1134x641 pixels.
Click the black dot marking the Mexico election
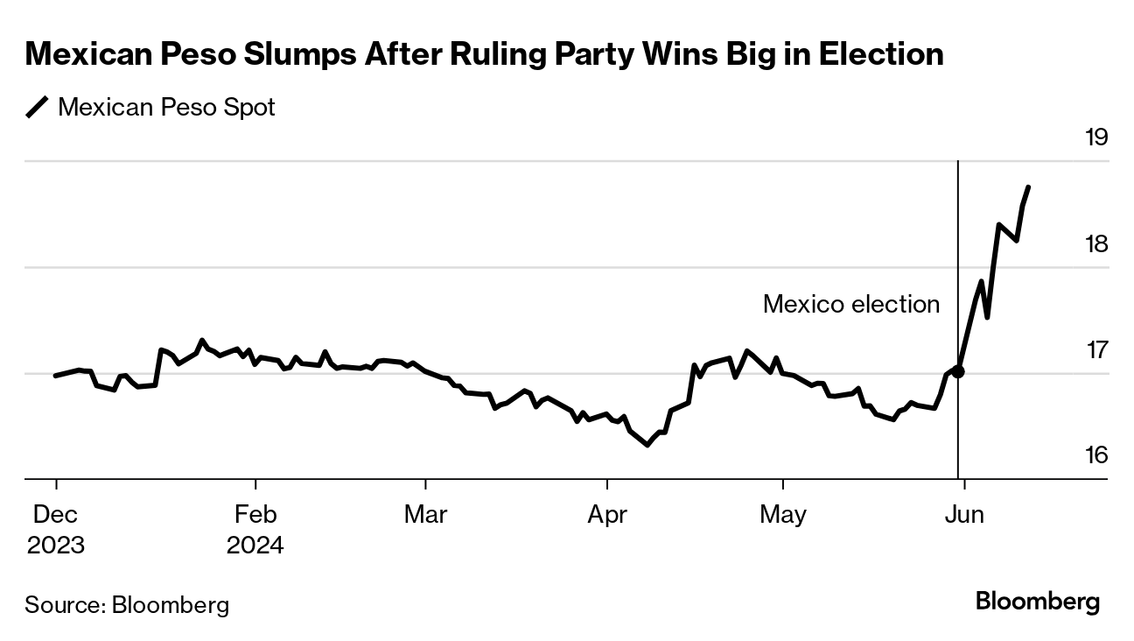pos(958,371)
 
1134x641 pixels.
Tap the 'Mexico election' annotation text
pos(851,304)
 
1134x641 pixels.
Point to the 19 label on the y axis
pos(1095,137)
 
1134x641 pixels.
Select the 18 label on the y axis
pos(1095,243)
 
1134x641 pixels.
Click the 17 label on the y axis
pos(1095,349)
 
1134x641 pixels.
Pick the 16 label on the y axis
pos(1095,455)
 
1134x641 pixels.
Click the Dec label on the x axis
pos(56,514)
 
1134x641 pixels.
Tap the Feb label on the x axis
pos(255,514)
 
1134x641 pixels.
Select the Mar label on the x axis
pos(425,514)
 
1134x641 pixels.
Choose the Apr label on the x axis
pos(607,514)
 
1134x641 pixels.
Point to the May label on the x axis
pos(782,514)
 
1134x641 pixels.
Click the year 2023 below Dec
pos(56,545)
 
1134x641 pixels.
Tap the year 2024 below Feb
pos(255,545)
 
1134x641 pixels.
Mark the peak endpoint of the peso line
pos(1028,187)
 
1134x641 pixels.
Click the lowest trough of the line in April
pos(647,445)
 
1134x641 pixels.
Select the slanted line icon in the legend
pos(38,108)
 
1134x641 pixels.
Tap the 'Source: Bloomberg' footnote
pos(127,604)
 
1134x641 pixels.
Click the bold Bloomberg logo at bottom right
pos(1037,602)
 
